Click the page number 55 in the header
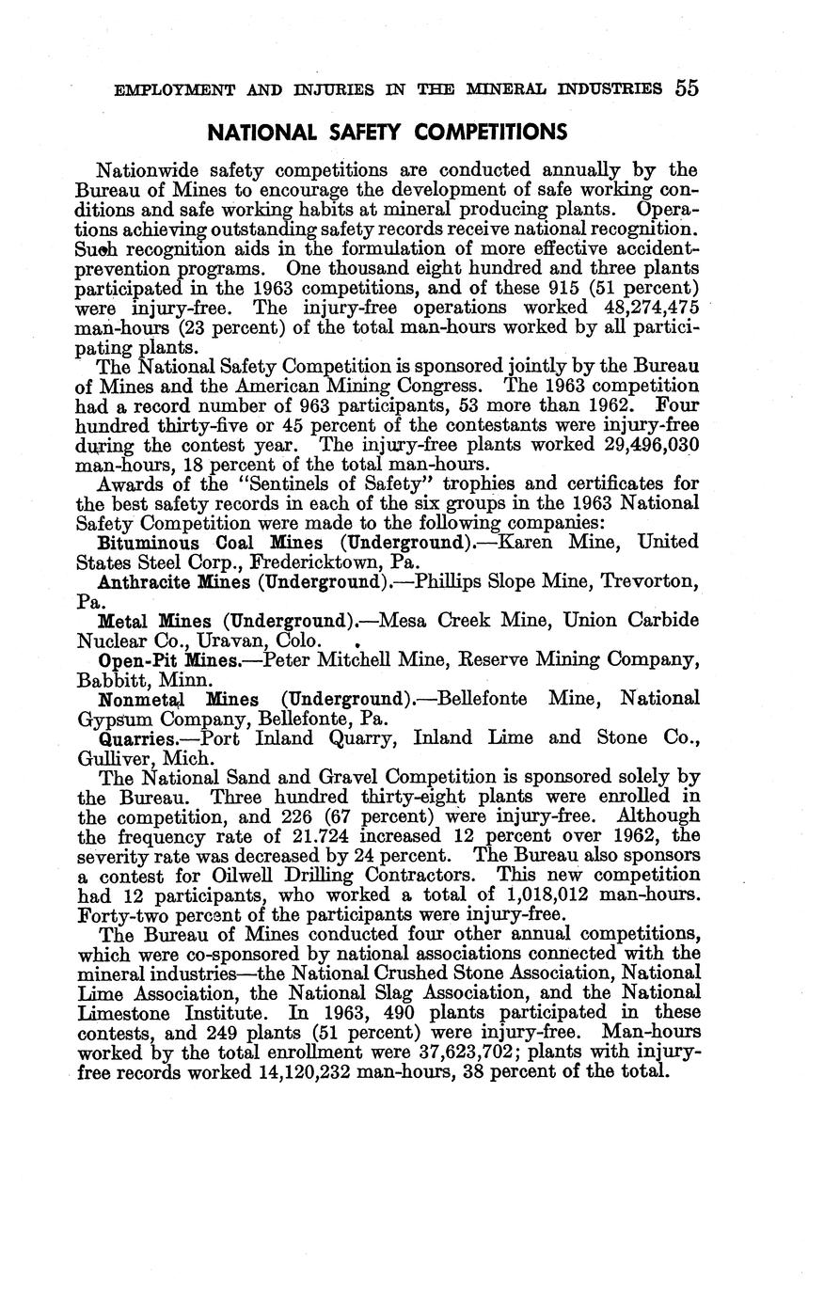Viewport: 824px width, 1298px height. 686,88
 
